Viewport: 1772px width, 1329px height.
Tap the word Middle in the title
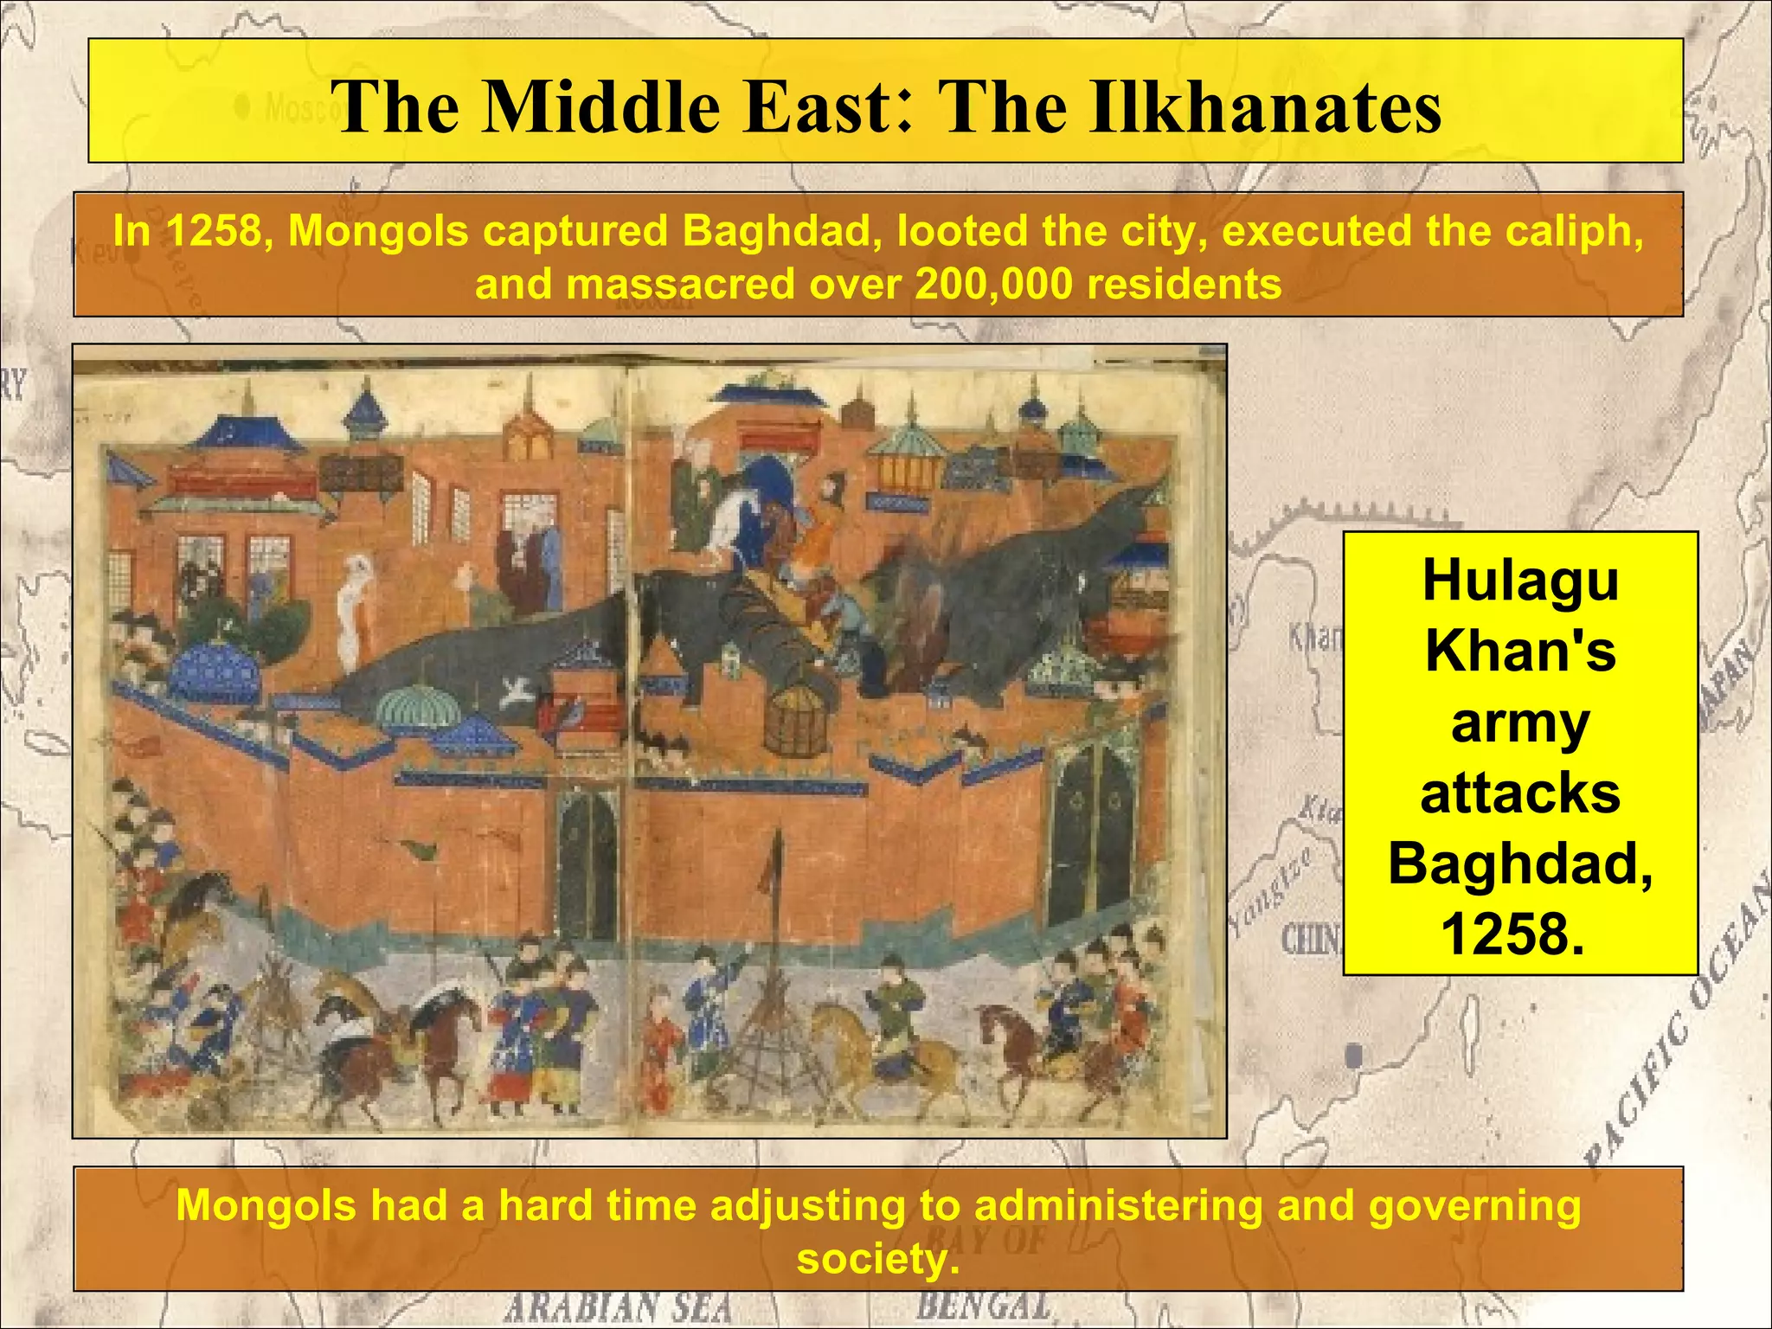tap(601, 107)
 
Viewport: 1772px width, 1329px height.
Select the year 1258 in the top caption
tap(215, 231)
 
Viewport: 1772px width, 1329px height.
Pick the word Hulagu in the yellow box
tap(1520, 580)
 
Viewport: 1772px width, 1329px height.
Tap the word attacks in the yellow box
tap(1520, 793)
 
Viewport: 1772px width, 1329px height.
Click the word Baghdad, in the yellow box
tap(1520, 864)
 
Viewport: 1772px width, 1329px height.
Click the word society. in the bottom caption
tap(878, 1258)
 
